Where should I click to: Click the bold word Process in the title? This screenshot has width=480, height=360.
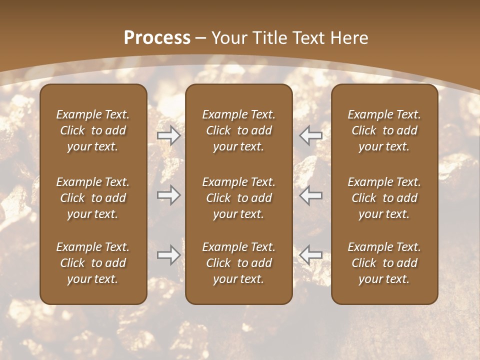coord(157,38)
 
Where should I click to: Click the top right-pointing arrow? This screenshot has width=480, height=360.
coord(168,135)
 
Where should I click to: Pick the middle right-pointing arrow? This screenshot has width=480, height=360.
coord(168,195)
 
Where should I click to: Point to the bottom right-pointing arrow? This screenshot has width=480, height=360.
coord(168,255)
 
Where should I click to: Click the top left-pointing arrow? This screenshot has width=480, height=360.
coord(311,135)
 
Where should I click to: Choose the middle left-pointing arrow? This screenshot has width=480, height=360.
coord(311,195)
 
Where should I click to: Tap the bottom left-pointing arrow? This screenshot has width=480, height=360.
coord(311,255)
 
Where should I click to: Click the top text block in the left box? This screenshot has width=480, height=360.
coord(93,130)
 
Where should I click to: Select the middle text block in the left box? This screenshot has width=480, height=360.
coord(93,198)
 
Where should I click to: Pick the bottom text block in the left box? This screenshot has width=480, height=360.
coord(93,263)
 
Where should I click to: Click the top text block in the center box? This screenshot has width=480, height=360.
coord(238,130)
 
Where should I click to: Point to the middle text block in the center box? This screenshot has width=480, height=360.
coord(238,198)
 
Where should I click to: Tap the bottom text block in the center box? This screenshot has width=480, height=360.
coord(238,263)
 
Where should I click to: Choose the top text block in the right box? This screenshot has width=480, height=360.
coord(384,130)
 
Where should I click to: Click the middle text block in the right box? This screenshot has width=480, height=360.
coord(384,198)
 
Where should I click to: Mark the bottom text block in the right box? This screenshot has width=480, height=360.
coord(384,263)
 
